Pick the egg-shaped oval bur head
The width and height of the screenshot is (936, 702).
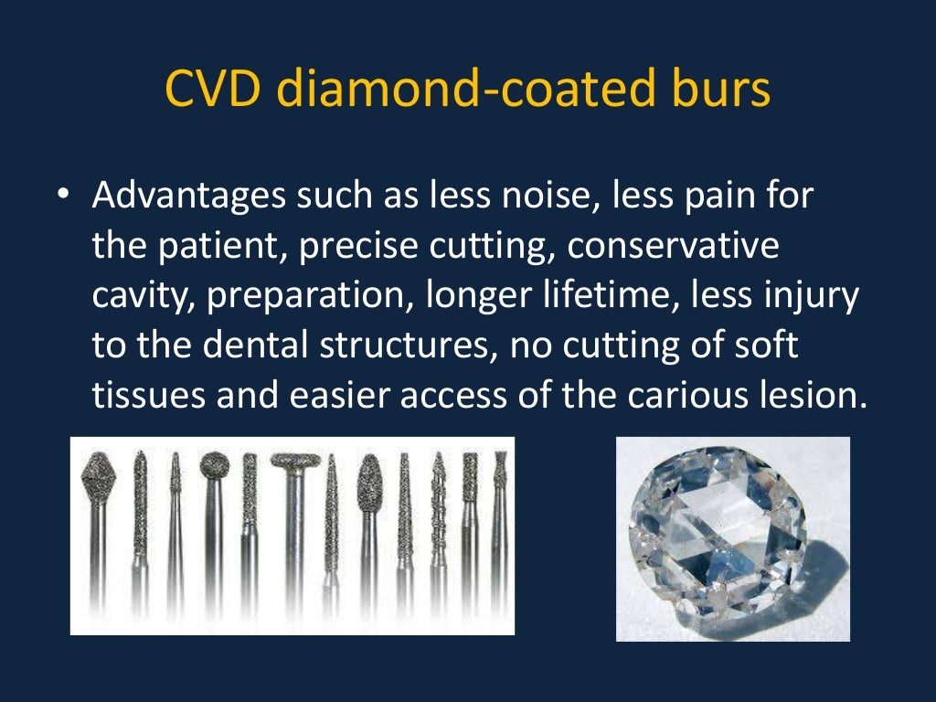tap(367, 484)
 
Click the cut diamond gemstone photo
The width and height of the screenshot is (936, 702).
tap(732, 538)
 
